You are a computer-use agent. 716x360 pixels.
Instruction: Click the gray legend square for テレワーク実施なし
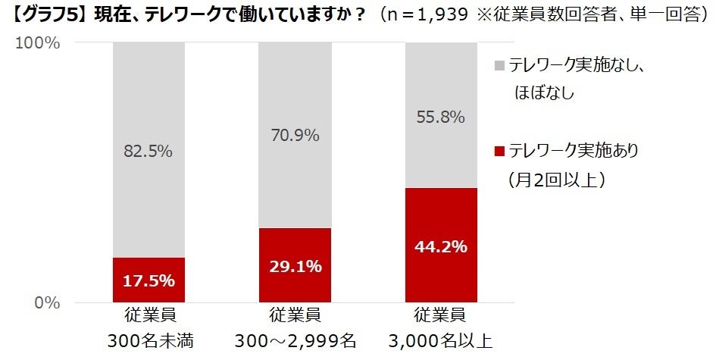[499, 66]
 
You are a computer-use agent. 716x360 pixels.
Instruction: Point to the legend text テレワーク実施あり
[574, 151]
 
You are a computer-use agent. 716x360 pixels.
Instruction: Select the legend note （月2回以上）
[554, 180]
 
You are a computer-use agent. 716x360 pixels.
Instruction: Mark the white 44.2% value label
[440, 247]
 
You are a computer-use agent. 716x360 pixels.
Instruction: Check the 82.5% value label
[148, 152]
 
